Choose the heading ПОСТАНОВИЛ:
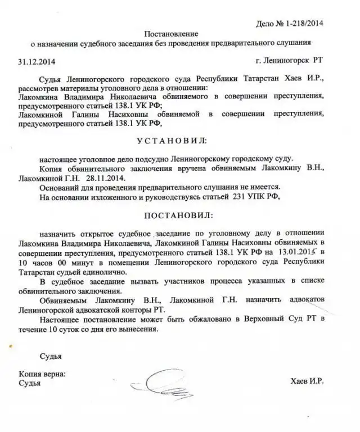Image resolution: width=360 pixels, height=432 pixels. [179, 215]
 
